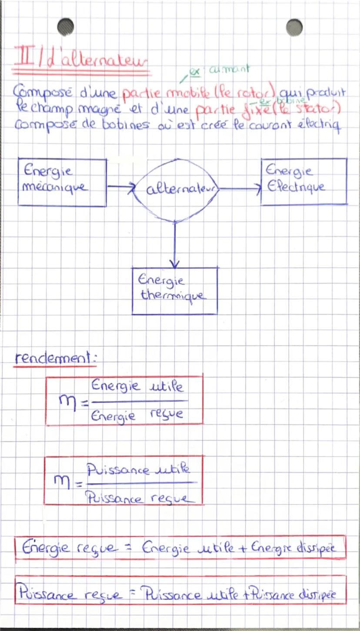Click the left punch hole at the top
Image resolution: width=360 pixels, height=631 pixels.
click(65, 27)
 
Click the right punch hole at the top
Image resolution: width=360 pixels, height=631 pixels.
click(294, 27)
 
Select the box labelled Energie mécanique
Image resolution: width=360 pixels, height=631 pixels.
click(62, 182)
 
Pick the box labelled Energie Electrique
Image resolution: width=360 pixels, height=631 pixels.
click(303, 181)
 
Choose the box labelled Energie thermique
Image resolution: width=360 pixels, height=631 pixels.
click(174, 290)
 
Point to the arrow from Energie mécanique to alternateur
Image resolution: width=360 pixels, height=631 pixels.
click(122, 187)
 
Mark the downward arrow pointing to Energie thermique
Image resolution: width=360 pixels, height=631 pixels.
click(174, 243)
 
